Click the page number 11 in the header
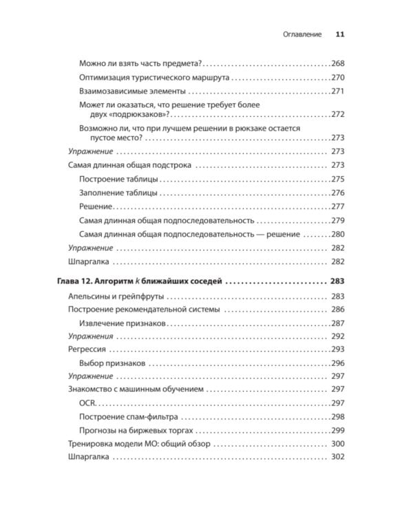339,34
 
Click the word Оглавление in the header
297,34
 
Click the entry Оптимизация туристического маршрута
154,77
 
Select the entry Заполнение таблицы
118,193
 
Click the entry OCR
88,403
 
